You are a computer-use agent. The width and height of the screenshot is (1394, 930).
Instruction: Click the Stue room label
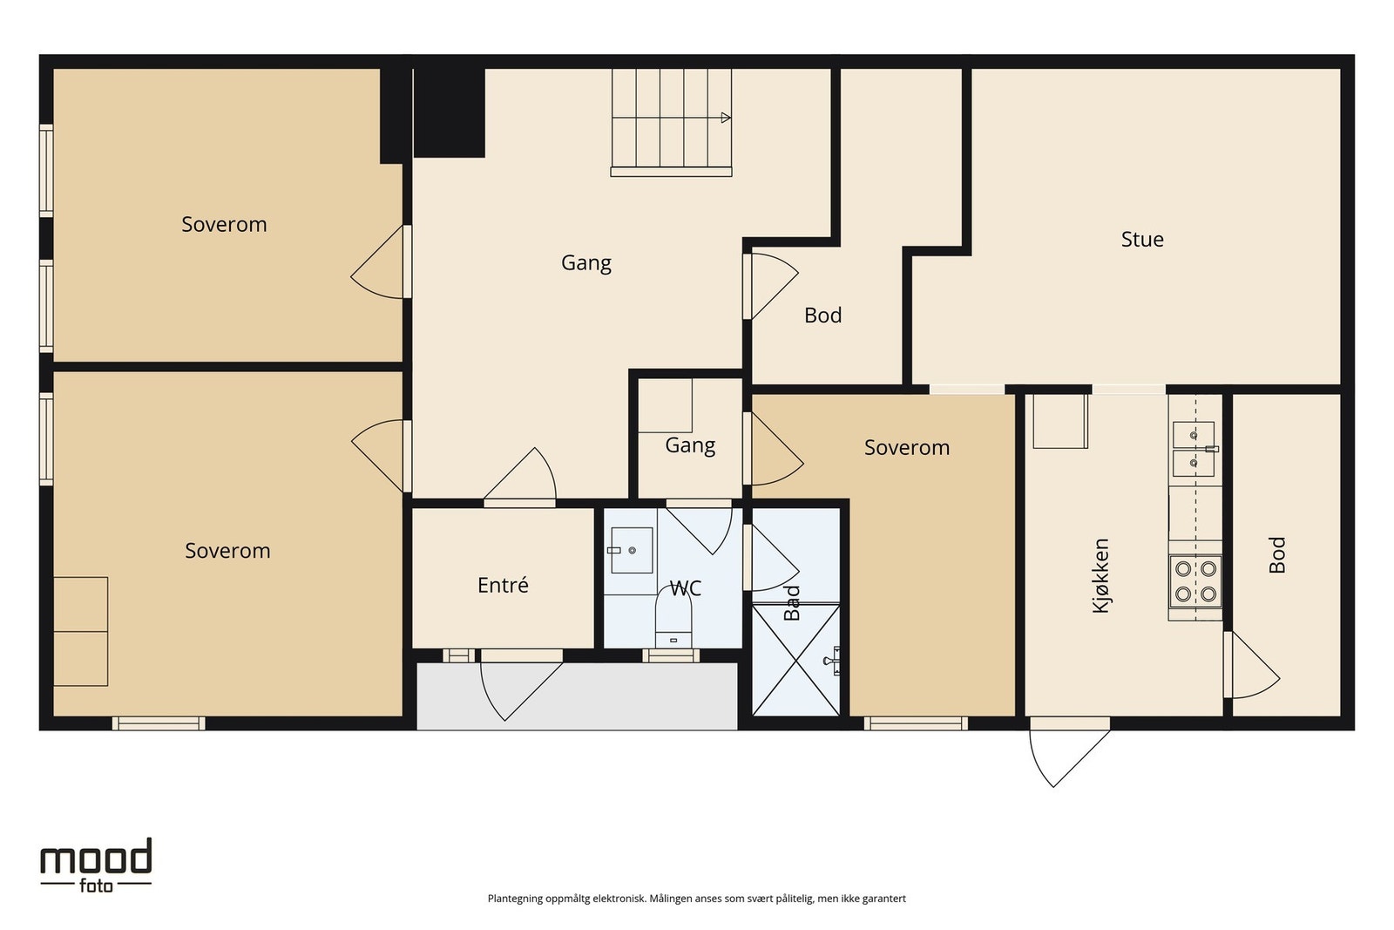point(1142,239)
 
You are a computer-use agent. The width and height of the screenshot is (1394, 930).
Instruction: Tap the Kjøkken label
point(1101,576)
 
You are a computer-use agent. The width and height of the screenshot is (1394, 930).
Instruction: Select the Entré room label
point(503,585)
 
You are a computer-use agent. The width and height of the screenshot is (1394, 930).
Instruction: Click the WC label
point(685,587)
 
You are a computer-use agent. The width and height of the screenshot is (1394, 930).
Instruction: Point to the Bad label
point(791,602)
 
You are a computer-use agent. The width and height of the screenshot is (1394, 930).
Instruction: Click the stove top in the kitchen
point(1195,581)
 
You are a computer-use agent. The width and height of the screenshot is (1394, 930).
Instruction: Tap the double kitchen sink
point(1194,449)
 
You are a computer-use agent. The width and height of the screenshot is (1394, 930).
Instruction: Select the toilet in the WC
point(673,620)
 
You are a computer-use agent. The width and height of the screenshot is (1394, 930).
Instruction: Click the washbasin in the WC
point(632,550)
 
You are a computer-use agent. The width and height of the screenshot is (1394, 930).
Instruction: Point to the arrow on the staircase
point(726,118)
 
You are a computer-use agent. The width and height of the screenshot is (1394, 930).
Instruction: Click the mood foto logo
point(96,865)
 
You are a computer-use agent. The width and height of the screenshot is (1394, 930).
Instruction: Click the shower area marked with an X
point(796,660)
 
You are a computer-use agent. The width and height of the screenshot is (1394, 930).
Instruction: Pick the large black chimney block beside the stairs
point(449,112)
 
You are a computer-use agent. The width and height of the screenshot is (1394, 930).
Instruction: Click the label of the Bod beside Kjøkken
point(1276,554)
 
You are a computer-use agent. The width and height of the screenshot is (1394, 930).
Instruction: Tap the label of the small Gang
point(690,445)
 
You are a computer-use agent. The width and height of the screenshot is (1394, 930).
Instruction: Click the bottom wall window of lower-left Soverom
point(159,723)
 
